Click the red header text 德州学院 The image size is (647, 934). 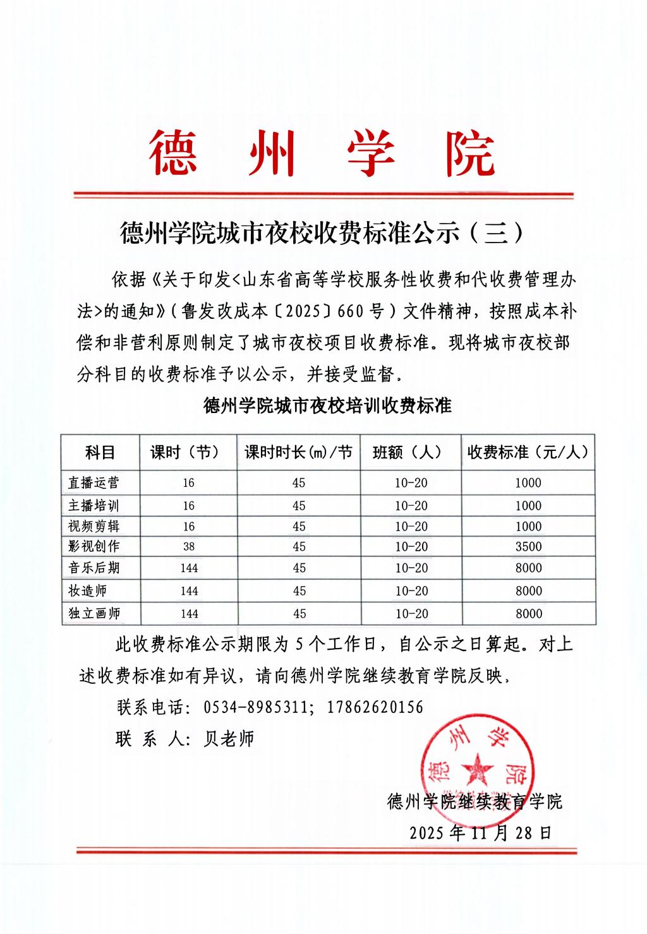[x=322, y=154]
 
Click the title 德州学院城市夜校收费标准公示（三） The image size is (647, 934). [x=322, y=234]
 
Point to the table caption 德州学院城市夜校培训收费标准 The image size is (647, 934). [x=327, y=405]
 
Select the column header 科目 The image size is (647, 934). [x=100, y=452]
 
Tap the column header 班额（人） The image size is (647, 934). [x=411, y=452]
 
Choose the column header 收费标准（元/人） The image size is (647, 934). [x=528, y=452]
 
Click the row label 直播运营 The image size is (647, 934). [x=94, y=483]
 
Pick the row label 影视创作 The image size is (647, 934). [x=94, y=546]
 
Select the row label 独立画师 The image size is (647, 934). [x=94, y=613]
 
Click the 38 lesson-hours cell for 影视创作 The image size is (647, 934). [x=189, y=547]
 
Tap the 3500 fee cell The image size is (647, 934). [x=528, y=547]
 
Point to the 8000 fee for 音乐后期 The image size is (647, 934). [x=528, y=568]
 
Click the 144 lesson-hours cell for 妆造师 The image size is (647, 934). [x=189, y=591]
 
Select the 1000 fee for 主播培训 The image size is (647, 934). [x=528, y=506]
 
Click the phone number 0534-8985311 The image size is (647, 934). [x=257, y=707]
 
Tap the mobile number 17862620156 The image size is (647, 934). [x=375, y=707]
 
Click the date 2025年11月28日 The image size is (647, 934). [x=480, y=832]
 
